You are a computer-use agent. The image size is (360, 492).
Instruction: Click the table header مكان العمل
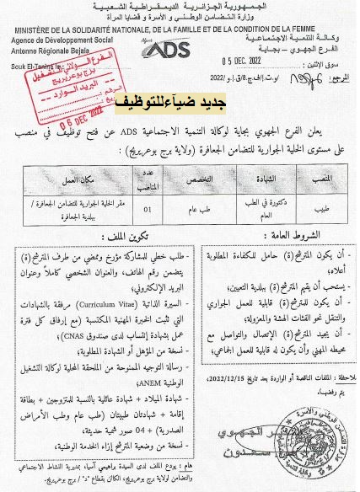click(88, 179)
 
